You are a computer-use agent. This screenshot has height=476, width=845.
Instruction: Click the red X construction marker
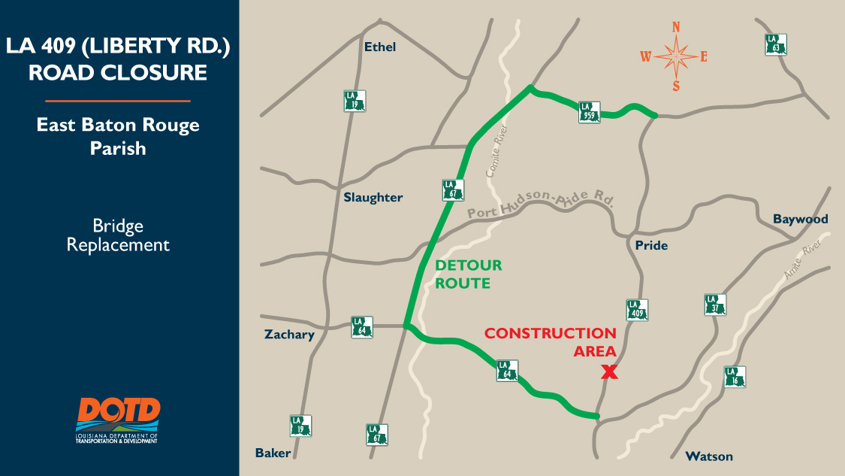[x=609, y=371]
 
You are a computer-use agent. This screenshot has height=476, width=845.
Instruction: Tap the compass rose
[x=676, y=56]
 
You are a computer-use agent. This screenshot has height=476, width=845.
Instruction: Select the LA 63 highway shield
[x=776, y=44]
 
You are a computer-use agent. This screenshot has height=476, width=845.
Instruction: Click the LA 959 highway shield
[x=590, y=112]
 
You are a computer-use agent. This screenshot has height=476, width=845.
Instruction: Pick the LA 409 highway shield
[x=637, y=310]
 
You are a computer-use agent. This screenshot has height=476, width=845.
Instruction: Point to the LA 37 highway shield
[x=716, y=305]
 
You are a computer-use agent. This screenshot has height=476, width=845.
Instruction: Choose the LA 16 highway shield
[x=735, y=377]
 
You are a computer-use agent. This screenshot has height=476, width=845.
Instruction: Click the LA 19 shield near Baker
[x=301, y=426]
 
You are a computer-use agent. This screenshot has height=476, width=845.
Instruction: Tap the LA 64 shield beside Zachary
[x=362, y=327]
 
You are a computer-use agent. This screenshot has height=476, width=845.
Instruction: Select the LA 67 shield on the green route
[x=451, y=189]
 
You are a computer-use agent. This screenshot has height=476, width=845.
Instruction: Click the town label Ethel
[x=379, y=47]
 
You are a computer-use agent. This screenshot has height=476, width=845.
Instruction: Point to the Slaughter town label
[x=373, y=198]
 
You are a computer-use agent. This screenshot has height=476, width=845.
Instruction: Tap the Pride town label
[x=650, y=245]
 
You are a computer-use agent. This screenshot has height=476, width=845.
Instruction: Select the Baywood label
[x=800, y=219]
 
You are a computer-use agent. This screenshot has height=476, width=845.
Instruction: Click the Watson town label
[x=708, y=456]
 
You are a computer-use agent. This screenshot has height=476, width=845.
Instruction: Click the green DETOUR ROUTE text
[x=468, y=274]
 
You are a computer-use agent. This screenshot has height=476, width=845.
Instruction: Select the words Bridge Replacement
[x=118, y=235]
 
